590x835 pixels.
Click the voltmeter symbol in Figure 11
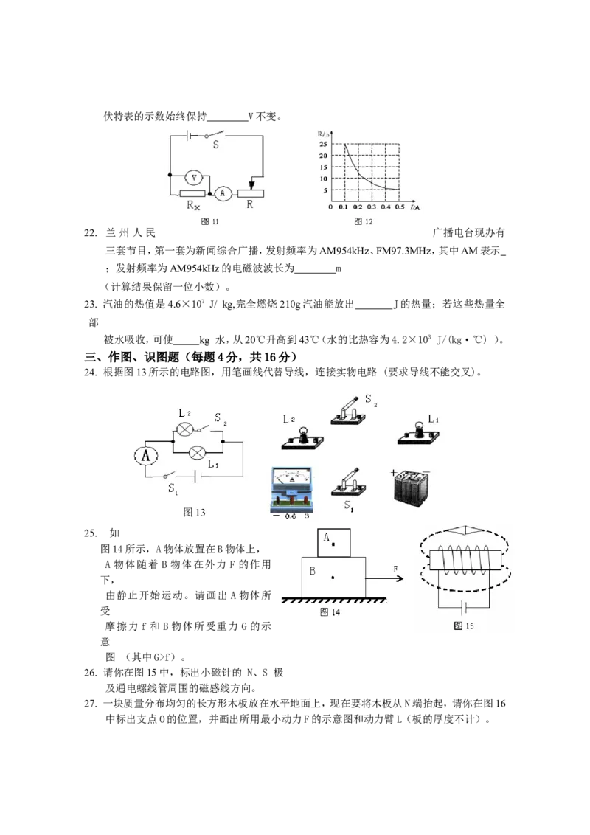point(194,177)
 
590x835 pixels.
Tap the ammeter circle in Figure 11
point(223,193)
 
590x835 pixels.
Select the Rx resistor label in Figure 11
point(192,206)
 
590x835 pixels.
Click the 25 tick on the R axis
point(323,144)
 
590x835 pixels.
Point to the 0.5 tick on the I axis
point(400,207)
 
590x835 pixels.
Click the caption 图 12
point(364,221)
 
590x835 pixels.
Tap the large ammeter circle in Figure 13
point(146,456)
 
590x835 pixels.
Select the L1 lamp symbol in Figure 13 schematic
point(198,453)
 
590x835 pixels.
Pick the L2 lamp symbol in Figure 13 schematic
point(184,429)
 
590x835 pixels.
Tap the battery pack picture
point(410,487)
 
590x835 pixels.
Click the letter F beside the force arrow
point(395,569)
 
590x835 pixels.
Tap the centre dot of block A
point(333,544)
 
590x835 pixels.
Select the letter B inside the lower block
point(313,571)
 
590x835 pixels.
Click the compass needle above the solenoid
point(465,530)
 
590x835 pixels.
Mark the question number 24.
point(90,373)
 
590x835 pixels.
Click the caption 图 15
point(464,626)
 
